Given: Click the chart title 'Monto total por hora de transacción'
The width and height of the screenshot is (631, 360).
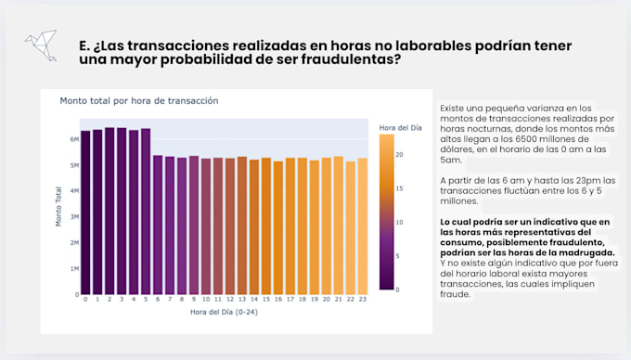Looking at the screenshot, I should pyautogui.click(x=139, y=100).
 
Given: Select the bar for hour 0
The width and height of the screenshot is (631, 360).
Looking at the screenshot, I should pyautogui.click(x=85, y=212).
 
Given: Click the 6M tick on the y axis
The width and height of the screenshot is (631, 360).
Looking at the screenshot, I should pyautogui.click(x=73, y=139).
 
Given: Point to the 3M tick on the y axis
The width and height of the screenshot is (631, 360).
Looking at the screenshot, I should pyautogui.click(x=73, y=217).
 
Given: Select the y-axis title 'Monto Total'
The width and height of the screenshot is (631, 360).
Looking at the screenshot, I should pyautogui.click(x=58, y=207).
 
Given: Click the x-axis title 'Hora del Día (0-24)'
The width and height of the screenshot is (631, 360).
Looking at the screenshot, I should pyautogui.click(x=224, y=313).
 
